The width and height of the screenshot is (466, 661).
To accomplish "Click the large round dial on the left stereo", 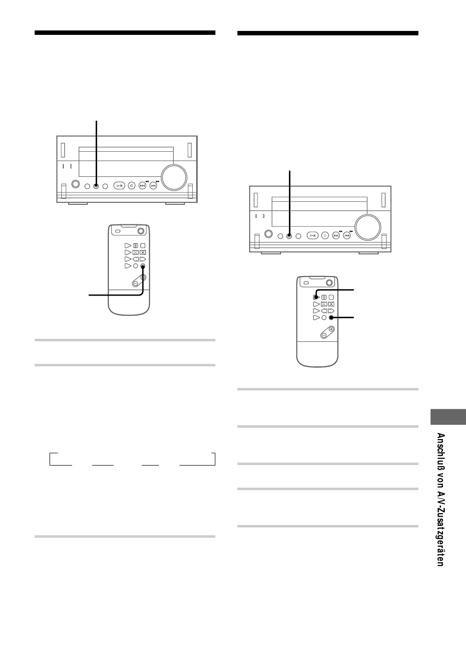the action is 174,178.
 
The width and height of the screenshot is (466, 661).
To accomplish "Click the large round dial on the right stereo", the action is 367,227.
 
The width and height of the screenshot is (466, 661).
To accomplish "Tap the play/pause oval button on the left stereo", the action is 119,186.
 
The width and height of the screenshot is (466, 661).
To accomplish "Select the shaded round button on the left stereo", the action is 96,186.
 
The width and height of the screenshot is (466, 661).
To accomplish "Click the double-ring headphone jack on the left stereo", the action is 76,184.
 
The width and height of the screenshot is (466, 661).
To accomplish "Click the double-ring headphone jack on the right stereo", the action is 268,234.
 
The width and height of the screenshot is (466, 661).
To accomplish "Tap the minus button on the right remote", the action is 324,335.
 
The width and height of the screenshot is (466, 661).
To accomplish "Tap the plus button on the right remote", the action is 331,329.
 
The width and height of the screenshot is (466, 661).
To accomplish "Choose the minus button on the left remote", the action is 135,283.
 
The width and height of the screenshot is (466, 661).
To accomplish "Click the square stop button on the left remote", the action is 143,246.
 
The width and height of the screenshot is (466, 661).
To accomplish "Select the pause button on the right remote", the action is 324,297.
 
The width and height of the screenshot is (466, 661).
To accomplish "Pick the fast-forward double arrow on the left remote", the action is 143,259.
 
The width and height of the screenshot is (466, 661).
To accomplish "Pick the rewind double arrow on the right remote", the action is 324,311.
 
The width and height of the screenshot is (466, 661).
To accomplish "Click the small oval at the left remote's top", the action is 118,231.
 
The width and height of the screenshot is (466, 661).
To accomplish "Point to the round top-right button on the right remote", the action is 329,283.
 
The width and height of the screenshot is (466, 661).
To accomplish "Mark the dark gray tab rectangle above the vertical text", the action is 448,416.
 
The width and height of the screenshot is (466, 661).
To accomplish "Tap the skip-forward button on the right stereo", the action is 347,236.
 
